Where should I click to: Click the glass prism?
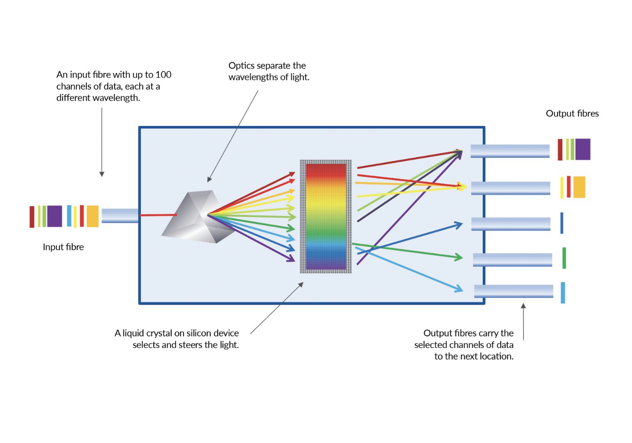pyautogui.click(x=197, y=217)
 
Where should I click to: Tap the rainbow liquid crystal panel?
pyautogui.click(x=326, y=217)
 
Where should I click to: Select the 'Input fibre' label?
pyautogui.click(x=63, y=247)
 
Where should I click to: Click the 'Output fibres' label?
pyautogui.click(x=572, y=113)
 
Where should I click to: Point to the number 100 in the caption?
pyautogui.click(x=163, y=74)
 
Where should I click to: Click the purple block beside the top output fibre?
pyautogui.click(x=583, y=149)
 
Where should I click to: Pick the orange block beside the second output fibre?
pyautogui.click(x=579, y=187)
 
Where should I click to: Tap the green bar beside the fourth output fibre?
pyautogui.click(x=564, y=258)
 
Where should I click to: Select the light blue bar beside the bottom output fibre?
pyautogui.click(x=563, y=293)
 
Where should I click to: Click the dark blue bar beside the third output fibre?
pyautogui.click(x=562, y=223)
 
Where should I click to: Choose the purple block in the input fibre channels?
pyautogui.click(x=55, y=216)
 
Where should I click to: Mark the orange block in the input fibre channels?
pyautogui.click(x=93, y=216)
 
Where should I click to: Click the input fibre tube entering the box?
pyautogui.click(x=120, y=216)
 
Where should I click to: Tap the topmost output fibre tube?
pyautogui.click(x=510, y=151)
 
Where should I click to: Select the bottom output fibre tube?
pyautogui.click(x=513, y=291)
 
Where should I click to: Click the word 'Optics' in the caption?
pyautogui.click(x=241, y=66)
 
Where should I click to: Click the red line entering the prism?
pyautogui.click(x=158, y=215)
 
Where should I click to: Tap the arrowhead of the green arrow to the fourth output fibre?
pyautogui.click(x=458, y=257)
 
